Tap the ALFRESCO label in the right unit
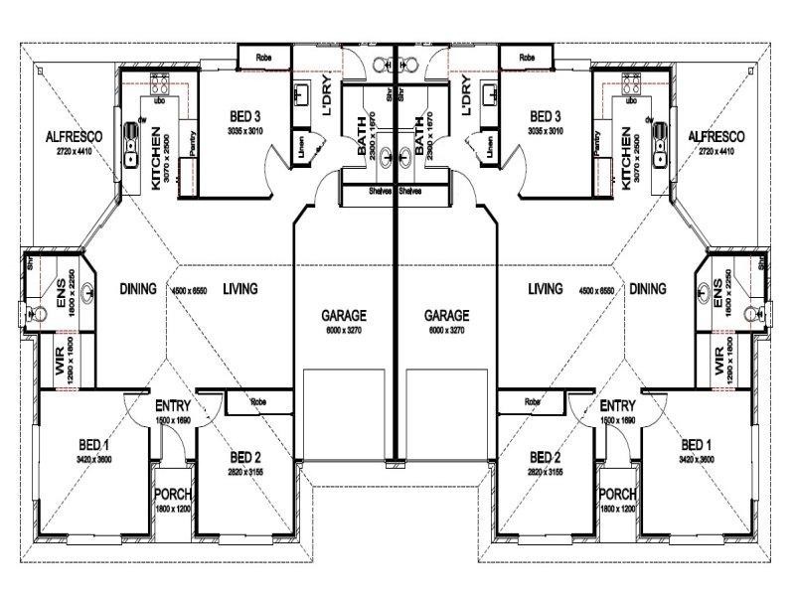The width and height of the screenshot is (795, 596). (x=716, y=137)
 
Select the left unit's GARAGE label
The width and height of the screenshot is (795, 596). (x=343, y=315)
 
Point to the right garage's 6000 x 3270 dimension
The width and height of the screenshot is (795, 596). (x=447, y=330)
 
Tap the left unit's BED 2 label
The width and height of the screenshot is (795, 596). (x=244, y=457)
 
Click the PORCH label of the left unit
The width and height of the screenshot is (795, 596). (x=173, y=495)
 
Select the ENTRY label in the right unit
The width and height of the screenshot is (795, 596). (x=617, y=406)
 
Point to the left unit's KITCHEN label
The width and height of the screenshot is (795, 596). (x=157, y=158)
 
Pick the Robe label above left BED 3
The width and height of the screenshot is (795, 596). (x=263, y=57)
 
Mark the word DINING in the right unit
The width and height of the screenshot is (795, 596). (x=647, y=289)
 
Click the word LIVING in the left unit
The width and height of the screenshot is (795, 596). (x=240, y=289)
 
